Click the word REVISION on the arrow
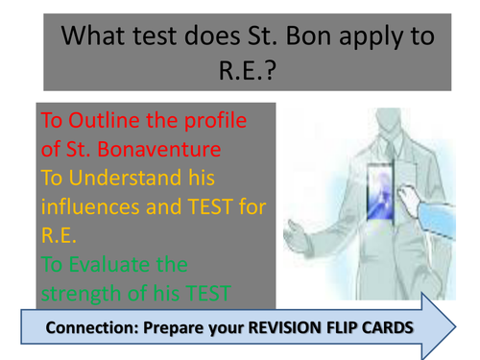(286, 329)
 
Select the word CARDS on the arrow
(396, 329)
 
